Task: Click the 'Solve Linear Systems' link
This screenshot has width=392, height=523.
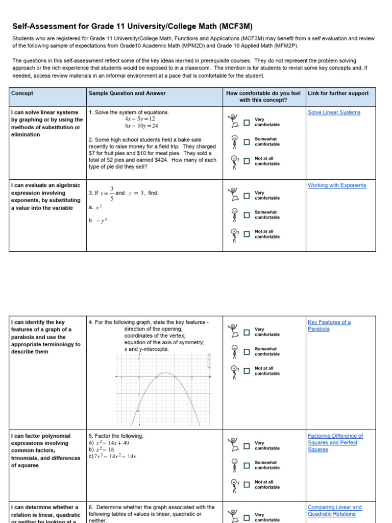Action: click(334, 112)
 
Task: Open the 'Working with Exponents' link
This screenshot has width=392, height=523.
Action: click(337, 185)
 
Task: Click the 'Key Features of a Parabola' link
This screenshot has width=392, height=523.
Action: click(329, 325)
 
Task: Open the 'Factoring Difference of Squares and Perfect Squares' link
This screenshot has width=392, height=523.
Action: click(335, 442)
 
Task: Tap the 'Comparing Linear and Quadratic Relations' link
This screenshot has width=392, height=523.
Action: click(334, 510)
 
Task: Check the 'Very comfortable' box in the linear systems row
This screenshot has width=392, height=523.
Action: click(247, 123)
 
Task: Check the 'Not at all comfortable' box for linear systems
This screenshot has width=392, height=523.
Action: click(247, 161)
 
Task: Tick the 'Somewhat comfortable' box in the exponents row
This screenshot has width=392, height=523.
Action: click(247, 215)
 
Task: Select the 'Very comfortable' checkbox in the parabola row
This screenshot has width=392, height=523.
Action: click(247, 332)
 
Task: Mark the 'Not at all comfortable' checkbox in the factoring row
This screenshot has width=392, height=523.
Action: click(247, 485)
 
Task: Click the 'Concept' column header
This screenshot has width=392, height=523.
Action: click(22, 93)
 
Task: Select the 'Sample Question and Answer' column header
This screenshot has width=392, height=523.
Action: click(127, 93)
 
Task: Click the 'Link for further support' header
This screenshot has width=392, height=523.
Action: click(338, 93)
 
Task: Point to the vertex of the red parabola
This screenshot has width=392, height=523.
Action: click(164, 373)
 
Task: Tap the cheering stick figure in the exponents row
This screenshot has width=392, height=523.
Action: click(234, 194)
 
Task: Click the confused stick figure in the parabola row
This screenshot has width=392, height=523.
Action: click(234, 371)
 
